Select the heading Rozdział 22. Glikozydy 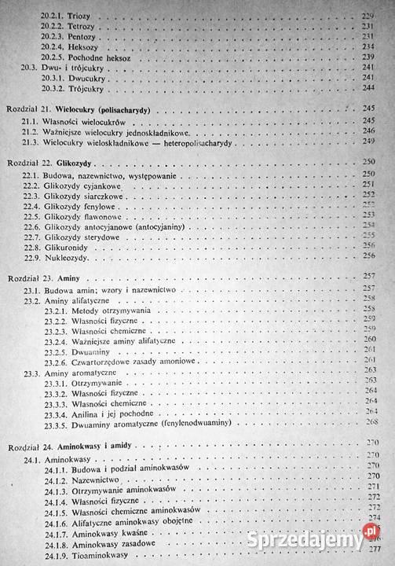56,161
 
